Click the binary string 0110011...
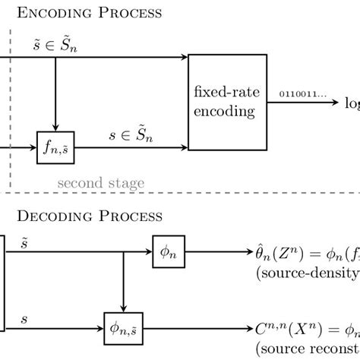pos(302,94)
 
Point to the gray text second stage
pos(100,183)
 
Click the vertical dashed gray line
pos(10,106)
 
